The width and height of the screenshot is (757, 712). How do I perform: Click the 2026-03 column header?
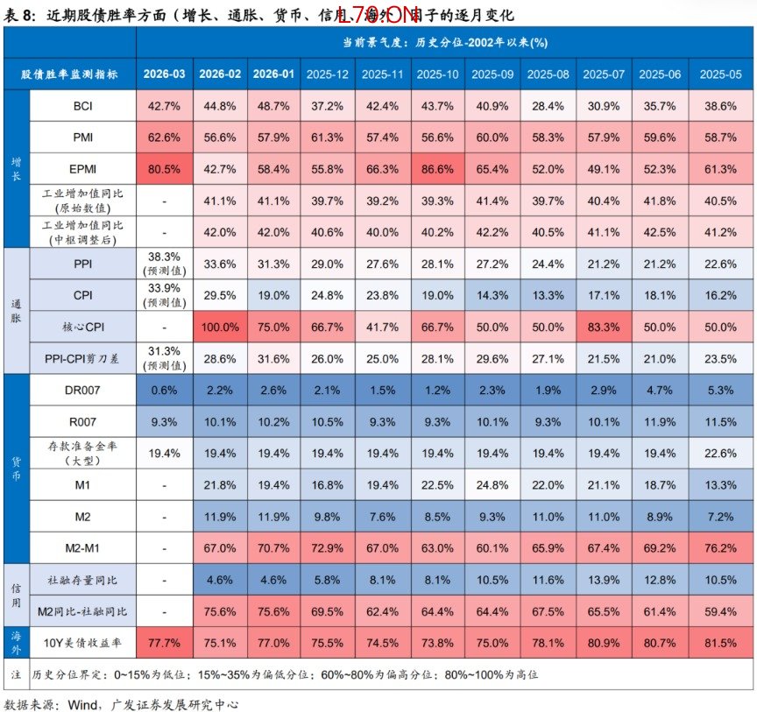[165, 74]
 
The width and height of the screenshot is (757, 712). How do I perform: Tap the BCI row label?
[83, 105]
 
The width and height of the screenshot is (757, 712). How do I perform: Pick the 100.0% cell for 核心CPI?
[220, 327]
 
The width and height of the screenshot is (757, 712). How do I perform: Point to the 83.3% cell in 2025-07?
[603, 327]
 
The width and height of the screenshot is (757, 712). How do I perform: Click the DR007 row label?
[83, 389]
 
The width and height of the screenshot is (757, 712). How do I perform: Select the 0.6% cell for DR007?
[165, 389]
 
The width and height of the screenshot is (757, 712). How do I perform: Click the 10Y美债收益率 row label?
[83, 642]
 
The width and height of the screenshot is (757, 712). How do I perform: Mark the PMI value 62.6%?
[165, 137]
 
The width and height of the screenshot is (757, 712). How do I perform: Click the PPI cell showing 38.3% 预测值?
[165, 263]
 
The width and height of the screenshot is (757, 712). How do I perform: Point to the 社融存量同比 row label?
[83, 579]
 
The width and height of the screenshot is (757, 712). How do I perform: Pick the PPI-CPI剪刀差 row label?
[83, 358]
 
